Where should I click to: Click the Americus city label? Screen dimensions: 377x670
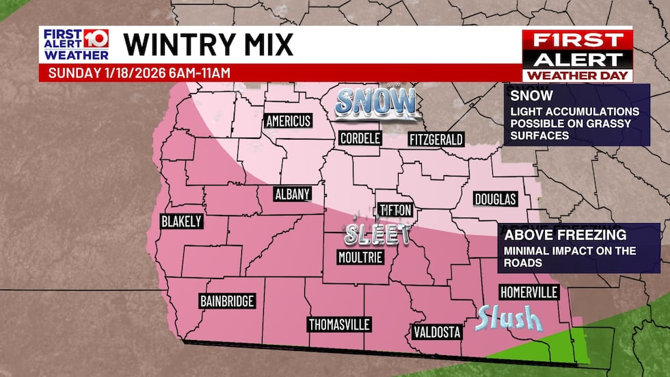[288, 121]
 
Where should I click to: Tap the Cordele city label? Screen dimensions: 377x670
[360, 138]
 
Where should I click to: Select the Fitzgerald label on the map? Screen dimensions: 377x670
[436, 139]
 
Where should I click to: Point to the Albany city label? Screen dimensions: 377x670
[293, 194]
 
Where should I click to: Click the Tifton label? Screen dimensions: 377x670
[395, 210]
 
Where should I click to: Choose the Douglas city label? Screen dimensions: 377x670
[495, 199]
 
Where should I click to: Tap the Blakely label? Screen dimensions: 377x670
[180, 221]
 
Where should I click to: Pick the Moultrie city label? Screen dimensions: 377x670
[360, 257]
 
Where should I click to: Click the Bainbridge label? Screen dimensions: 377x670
[228, 300]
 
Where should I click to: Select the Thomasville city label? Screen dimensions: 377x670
[339, 324]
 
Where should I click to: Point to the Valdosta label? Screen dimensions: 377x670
[437, 333]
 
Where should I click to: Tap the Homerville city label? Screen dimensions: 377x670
[528, 292]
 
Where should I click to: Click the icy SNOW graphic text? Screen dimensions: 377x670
[375, 103]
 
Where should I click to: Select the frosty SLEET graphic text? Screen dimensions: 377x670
[377, 235]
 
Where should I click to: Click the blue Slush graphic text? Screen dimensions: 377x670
[509, 318]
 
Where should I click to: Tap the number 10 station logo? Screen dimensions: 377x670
[96, 38]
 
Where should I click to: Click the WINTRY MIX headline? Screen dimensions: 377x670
[209, 44]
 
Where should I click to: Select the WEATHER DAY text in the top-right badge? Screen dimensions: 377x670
[577, 75]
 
